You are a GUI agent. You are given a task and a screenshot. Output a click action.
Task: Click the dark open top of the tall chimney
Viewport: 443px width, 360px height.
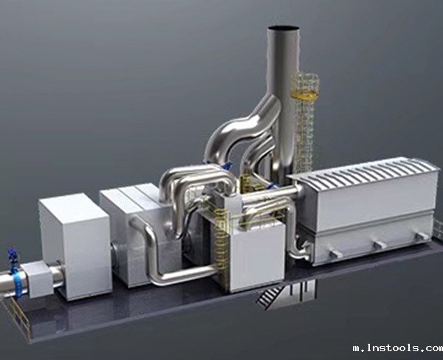284,28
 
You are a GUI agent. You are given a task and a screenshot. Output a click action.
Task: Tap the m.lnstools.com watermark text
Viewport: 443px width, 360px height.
398,348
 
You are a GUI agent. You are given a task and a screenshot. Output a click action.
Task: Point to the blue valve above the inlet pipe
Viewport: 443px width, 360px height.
13,257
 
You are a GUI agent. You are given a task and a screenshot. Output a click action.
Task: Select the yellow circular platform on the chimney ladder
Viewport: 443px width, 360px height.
304,96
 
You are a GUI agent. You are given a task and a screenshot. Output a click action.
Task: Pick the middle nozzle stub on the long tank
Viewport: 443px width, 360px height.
380,244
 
